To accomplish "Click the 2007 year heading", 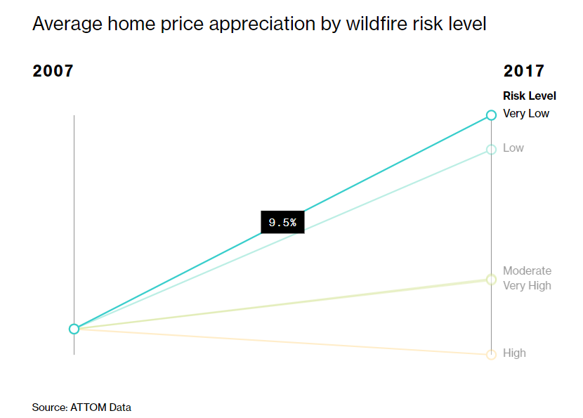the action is (x=53, y=71).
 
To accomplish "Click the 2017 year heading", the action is (x=523, y=71).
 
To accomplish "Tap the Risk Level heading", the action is (x=530, y=96).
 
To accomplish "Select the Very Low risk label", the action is (x=525, y=113).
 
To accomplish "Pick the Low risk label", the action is (x=513, y=148).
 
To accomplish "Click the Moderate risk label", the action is (x=527, y=270).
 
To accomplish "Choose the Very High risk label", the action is (x=527, y=286).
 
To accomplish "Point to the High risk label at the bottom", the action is (x=514, y=353).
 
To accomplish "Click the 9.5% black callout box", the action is (x=282, y=223).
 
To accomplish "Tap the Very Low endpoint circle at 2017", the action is (x=491, y=115).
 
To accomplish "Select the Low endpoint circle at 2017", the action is (x=491, y=150).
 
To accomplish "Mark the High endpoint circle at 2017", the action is (x=491, y=354).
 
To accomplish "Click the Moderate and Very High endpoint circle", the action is (x=491, y=280).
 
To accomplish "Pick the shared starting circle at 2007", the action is (x=74, y=329).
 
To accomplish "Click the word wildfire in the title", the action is (x=376, y=24).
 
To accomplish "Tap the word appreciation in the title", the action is (x=262, y=25).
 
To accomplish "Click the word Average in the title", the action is (x=67, y=25).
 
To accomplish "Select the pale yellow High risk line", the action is (x=282, y=341).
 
